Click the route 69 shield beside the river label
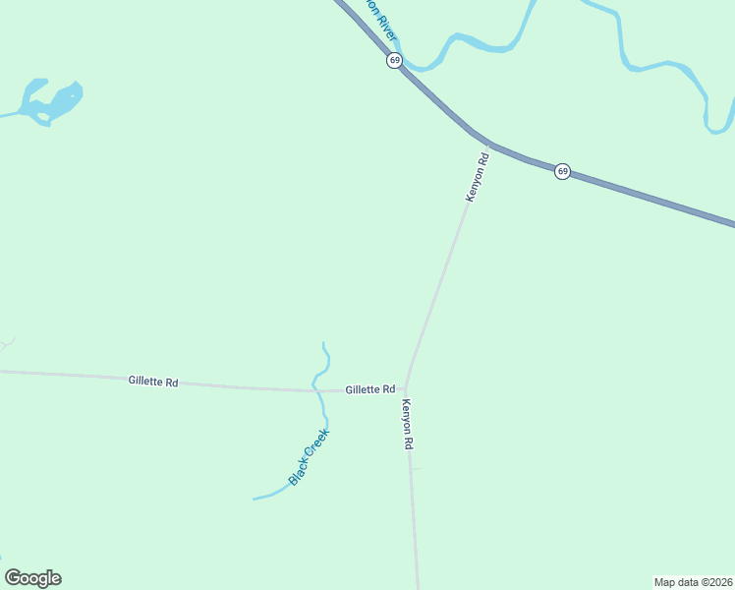click(394, 60)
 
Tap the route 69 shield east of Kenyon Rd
click(562, 171)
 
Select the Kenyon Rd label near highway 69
click(477, 178)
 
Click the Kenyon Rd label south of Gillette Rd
click(407, 425)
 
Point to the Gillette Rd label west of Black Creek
click(152, 382)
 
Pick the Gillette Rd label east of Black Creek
click(369, 389)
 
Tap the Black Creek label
click(309, 456)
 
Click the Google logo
click(32, 578)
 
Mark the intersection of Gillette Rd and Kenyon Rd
click(406, 387)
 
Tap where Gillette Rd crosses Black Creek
click(316, 390)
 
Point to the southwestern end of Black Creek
click(254, 499)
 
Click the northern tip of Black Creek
click(323, 344)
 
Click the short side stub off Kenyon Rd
click(417, 469)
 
